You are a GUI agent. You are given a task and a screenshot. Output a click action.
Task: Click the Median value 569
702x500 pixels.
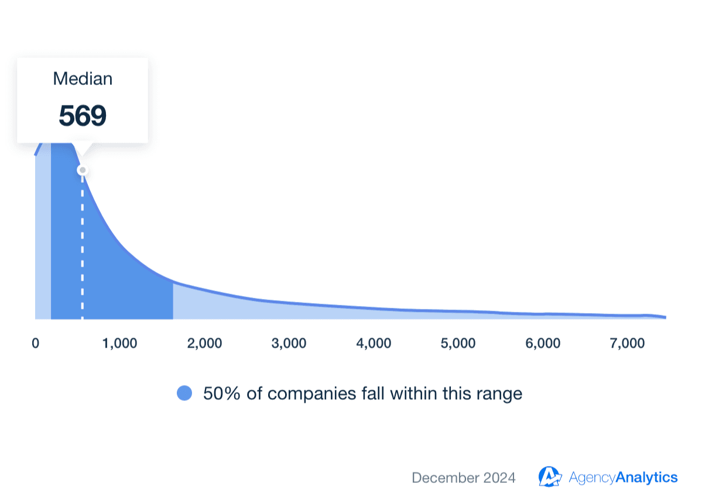click(x=83, y=116)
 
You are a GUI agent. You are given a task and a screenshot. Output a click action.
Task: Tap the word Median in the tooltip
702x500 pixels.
click(x=83, y=79)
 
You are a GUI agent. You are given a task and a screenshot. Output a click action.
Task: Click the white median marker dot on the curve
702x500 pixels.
click(x=83, y=171)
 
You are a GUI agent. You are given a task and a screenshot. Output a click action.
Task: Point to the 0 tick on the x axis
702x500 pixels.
click(x=36, y=343)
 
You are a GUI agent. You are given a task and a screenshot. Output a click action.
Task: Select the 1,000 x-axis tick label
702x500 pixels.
click(x=120, y=343)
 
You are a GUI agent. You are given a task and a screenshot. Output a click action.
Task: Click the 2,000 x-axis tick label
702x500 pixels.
click(x=204, y=343)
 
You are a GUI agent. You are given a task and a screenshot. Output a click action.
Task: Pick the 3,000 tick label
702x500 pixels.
click(x=289, y=343)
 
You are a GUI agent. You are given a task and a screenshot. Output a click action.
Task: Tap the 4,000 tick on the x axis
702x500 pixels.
click(x=374, y=343)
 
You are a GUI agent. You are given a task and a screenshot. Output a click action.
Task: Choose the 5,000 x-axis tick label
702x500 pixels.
click(x=458, y=343)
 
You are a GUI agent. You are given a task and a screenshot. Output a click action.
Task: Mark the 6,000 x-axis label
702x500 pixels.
click(x=543, y=343)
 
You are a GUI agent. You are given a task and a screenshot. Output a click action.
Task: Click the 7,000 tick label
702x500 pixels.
click(x=627, y=343)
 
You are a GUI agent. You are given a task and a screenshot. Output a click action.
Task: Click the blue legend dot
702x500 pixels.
click(x=184, y=394)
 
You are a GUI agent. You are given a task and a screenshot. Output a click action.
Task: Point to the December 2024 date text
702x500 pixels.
click(x=464, y=478)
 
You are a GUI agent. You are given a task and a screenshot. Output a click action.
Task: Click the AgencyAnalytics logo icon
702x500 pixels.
click(x=550, y=477)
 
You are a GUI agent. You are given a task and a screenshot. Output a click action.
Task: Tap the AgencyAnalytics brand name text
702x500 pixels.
click(x=623, y=478)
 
